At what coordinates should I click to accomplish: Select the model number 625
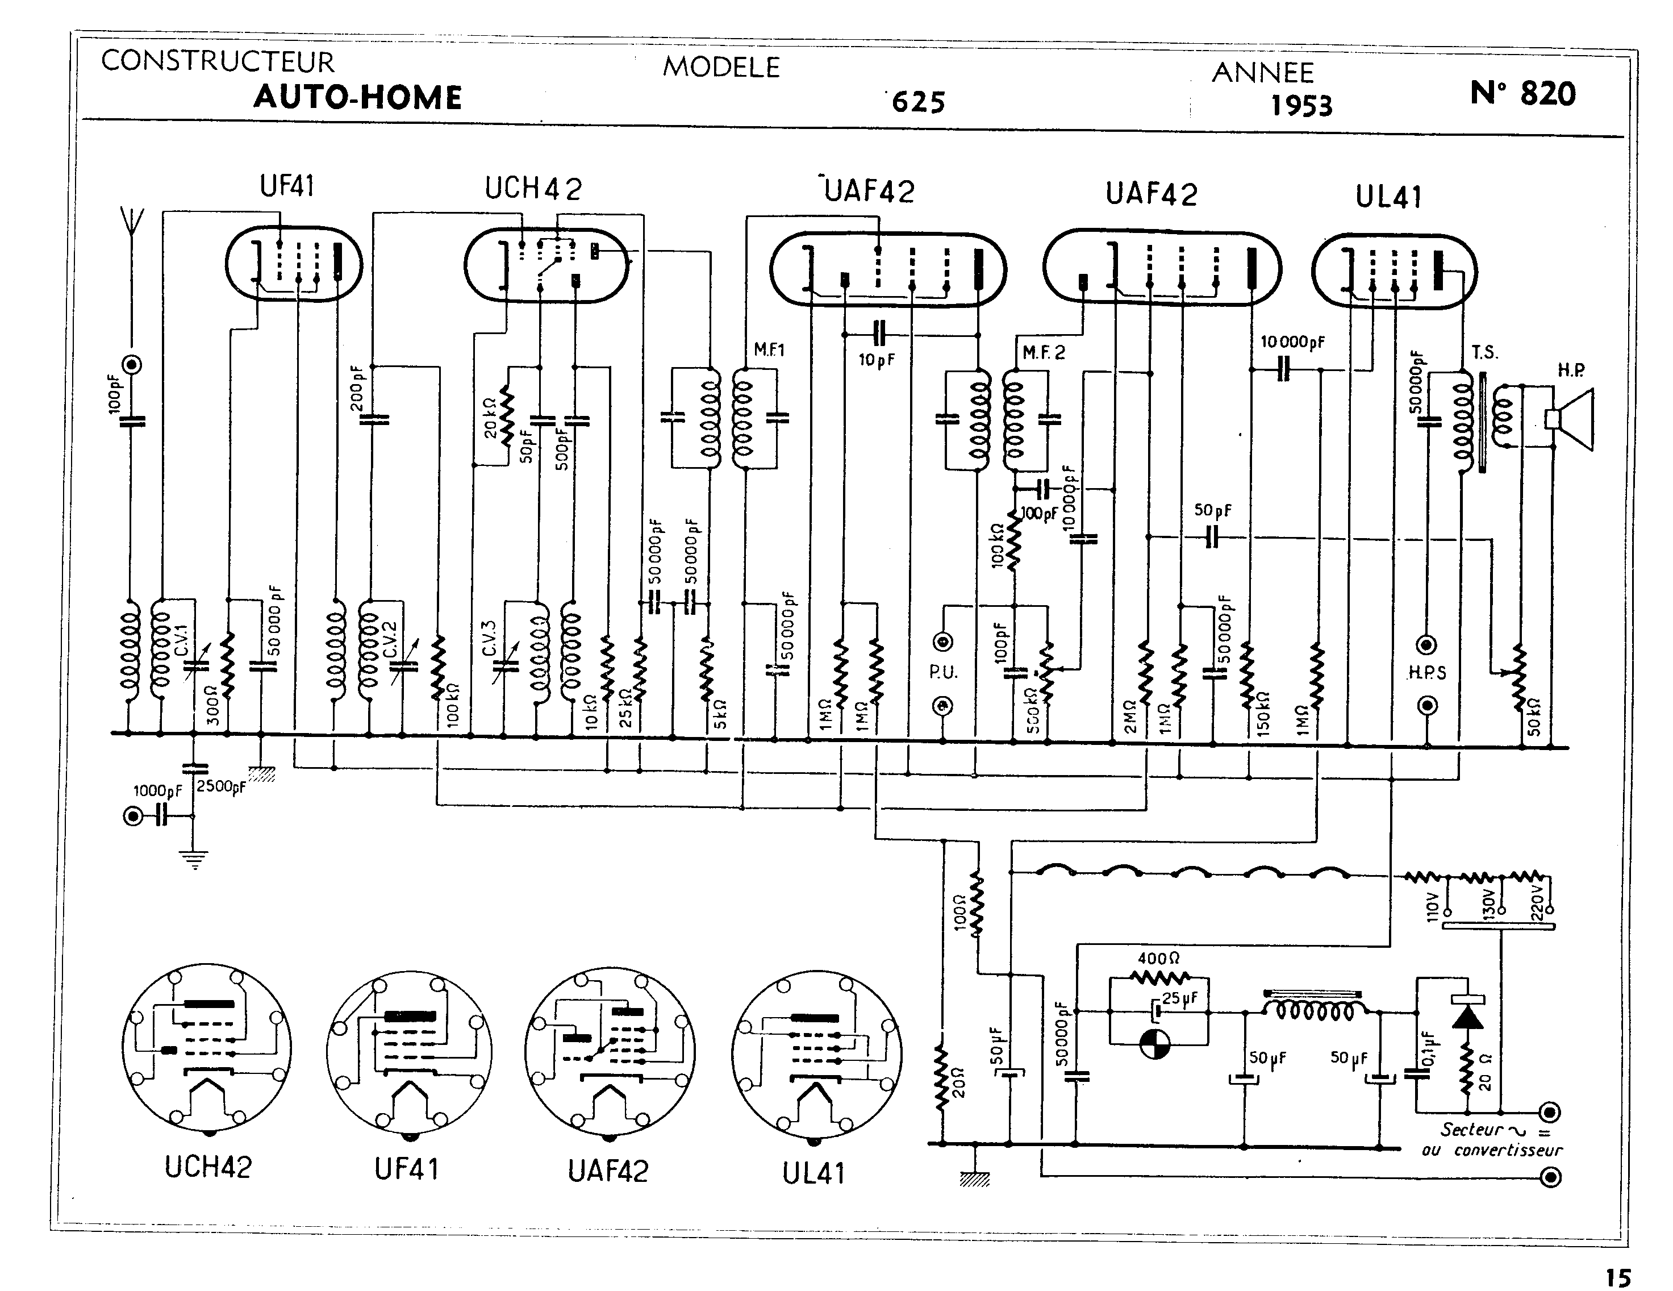point(919,102)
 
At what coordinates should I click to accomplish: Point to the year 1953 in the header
point(1301,106)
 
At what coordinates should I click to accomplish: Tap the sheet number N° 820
point(1523,94)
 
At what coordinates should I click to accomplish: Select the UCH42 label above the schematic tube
point(533,189)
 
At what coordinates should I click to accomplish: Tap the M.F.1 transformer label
point(769,350)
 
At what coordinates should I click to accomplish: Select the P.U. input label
point(943,672)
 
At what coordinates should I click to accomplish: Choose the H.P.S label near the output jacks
point(1427,673)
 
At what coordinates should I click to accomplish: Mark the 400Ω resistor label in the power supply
point(1158,957)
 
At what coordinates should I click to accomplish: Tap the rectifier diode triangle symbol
point(1468,1017)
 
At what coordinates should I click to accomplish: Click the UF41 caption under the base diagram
point(407,1169)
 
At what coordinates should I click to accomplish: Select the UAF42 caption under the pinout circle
point(608,1171)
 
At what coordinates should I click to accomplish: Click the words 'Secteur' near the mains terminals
point(1471,1129)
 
